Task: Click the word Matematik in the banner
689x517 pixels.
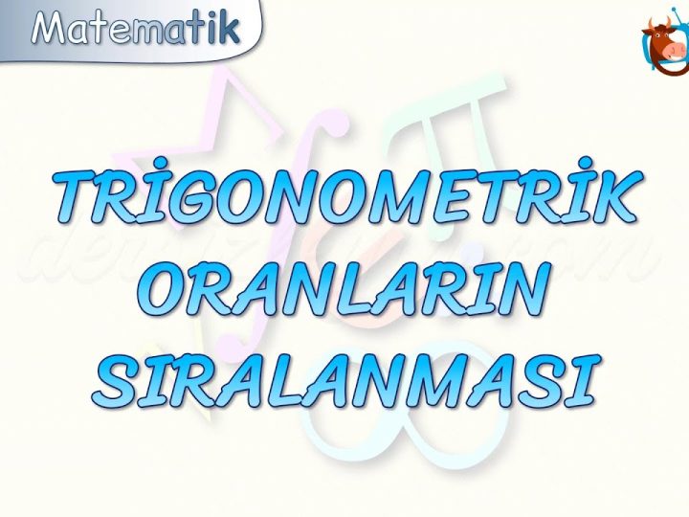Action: click(x=136, y=28)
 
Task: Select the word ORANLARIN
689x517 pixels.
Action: click(x=348, y=289)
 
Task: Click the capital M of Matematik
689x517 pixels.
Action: click(x=54, y=29)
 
